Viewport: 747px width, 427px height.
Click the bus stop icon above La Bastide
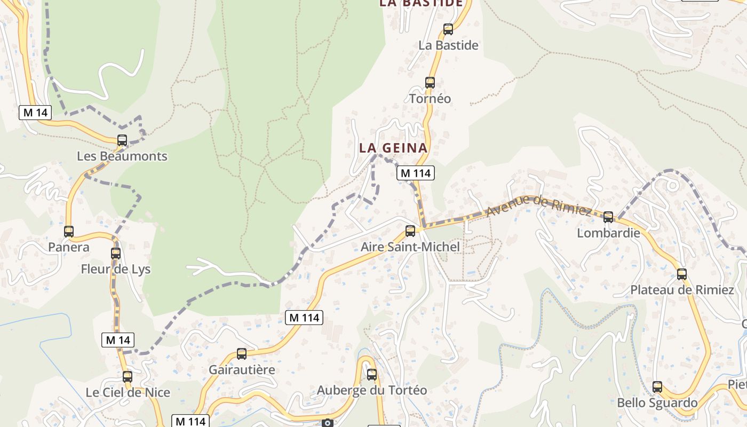(x=448, y=29)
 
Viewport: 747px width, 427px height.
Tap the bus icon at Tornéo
(x=430, y=83)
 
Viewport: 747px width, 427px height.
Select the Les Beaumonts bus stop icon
(x=122, y=140)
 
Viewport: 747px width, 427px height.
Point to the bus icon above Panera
(x=69, y=232)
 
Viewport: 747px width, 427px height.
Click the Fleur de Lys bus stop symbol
(x=116, y=254)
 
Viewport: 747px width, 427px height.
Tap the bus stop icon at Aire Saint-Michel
(x=410, y=231)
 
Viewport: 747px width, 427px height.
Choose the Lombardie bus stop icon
(x=608, y=217)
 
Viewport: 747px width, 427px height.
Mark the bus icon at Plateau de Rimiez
(x=682, y=274)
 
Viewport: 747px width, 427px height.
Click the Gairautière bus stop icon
(x=242, y=354)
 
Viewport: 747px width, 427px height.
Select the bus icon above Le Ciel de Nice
(x=128, y=377)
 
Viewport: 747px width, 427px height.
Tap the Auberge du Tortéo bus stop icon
(x=372, y=375)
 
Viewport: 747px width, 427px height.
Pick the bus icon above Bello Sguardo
(x=657, y=387)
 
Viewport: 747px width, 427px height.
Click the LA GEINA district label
(x=393, y=148)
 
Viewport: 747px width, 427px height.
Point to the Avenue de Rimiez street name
(x=539, y=205)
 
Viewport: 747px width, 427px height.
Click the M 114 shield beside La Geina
(x=415, y=173)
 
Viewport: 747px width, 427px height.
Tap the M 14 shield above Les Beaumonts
(x=36, y=113)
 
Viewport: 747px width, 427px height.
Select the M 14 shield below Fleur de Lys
(x=118, y=340)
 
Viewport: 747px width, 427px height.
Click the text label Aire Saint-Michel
(x=410, y=247)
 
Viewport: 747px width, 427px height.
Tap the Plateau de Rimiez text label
(x=682, y=290)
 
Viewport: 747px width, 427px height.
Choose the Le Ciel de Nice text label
(x=128, y=392)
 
